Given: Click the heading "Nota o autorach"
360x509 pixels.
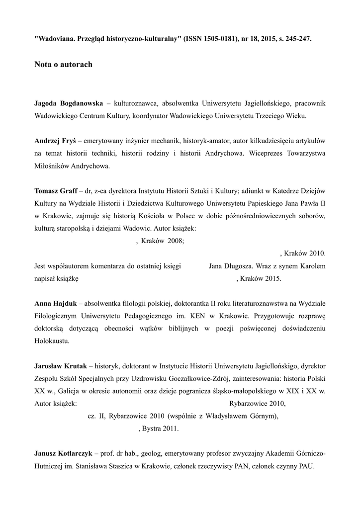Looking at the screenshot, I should [x=63, y=65].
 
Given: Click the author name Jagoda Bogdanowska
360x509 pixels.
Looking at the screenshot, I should [x=69, y=103].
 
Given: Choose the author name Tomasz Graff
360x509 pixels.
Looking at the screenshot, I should [x=55, y=191].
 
